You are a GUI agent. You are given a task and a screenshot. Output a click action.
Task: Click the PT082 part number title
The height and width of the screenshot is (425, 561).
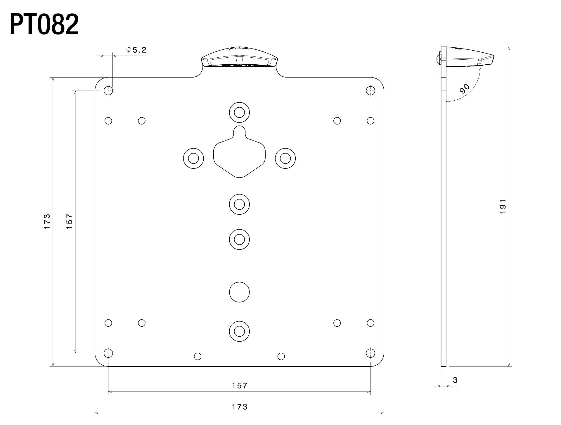44,25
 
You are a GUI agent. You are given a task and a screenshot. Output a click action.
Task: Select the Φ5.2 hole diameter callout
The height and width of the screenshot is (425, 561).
136,50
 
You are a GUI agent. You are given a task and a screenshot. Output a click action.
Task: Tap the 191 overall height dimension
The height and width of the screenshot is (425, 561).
503,207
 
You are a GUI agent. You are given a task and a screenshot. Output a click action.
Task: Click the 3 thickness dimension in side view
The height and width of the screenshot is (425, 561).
455,380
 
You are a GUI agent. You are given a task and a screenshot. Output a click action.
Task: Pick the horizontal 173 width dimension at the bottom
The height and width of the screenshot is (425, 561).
240,407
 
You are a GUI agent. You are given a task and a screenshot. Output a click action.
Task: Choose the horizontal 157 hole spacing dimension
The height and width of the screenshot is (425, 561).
240,386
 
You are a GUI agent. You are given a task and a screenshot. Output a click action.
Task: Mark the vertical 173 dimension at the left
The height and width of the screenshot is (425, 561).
47,222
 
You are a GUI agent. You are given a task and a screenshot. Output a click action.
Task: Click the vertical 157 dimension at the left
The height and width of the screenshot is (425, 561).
69,222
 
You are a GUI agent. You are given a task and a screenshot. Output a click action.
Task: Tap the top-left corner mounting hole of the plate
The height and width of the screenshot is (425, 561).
108,91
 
